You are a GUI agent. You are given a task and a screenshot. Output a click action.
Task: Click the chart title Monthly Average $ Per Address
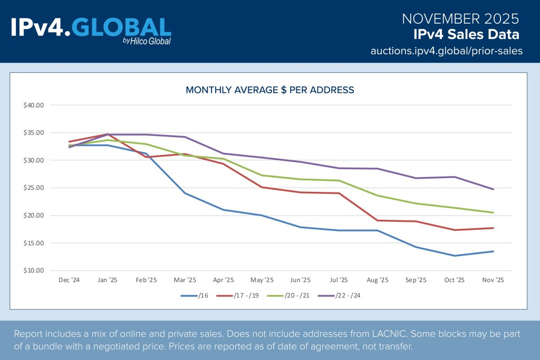pos(270,90)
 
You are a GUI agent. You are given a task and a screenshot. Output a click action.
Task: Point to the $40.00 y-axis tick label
pos(34,105)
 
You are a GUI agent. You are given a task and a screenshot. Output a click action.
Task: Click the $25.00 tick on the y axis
pos(34,188)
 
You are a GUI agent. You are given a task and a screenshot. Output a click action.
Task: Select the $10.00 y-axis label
pos(34,271)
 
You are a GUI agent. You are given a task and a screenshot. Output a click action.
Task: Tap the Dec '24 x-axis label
pos(70,280)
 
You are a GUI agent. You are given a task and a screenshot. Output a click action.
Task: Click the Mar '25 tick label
pos(185,280)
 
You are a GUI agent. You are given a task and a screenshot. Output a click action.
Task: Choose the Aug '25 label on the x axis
pos(378,280)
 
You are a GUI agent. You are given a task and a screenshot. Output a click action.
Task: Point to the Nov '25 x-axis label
pos(493,280)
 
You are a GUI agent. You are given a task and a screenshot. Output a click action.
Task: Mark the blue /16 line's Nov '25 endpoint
pos(493,251)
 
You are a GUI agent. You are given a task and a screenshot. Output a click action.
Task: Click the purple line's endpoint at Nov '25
pos(493,189)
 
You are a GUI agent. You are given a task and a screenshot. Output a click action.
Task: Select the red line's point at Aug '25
pos(378,220)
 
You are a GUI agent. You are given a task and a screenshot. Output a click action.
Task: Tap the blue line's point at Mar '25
pos(185,193)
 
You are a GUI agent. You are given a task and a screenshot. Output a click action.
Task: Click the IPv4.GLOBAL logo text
pos(91,27)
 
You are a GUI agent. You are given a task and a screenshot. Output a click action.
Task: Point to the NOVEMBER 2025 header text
pos(460,19)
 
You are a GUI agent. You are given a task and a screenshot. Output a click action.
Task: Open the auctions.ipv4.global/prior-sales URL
pos(446,51)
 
